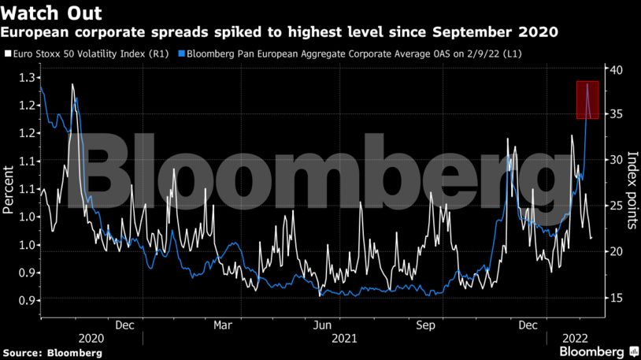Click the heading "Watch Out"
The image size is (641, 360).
51,13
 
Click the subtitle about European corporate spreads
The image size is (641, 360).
280,33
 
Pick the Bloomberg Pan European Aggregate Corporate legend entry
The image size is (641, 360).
350,54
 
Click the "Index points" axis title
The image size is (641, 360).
632,190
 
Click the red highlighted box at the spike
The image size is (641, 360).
587,100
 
